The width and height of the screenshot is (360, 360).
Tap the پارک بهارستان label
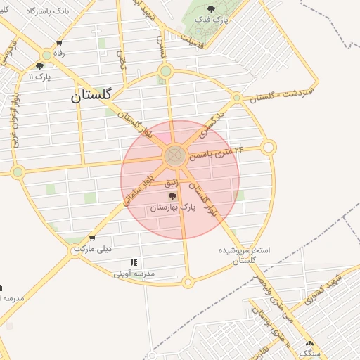click(173, 208)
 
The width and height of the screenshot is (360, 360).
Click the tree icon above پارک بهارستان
click(173, 197)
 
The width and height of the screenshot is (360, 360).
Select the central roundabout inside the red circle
click(175, 156)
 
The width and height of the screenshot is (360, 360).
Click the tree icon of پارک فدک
click(212, 8)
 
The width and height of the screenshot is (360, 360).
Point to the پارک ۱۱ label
click(39, 76)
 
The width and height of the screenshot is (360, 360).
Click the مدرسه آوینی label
click(134, 274)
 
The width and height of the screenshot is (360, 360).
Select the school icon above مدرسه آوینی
click(134, 263)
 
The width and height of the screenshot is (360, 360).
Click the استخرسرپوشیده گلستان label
click(244, 255)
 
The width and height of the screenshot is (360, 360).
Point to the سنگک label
click(309, 354)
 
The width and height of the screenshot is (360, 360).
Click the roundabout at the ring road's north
click(166, 70)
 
